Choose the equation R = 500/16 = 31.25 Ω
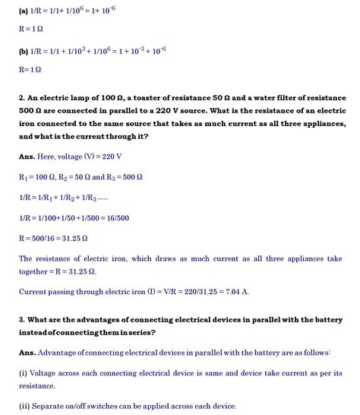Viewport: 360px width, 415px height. point(49,238)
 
